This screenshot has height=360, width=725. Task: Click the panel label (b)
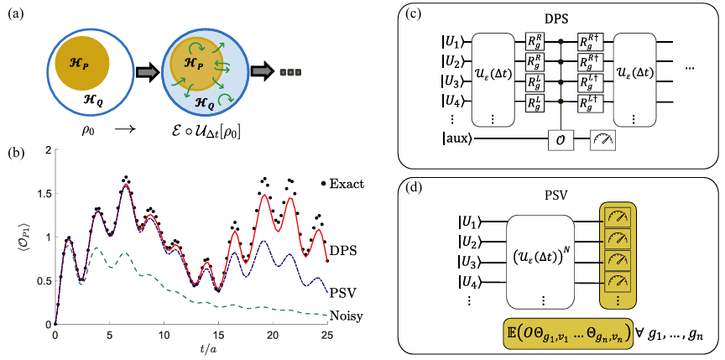pyautogui.click(x=13, y=154)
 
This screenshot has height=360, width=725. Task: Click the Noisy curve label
pyautogui.click(x=336, y=316)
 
